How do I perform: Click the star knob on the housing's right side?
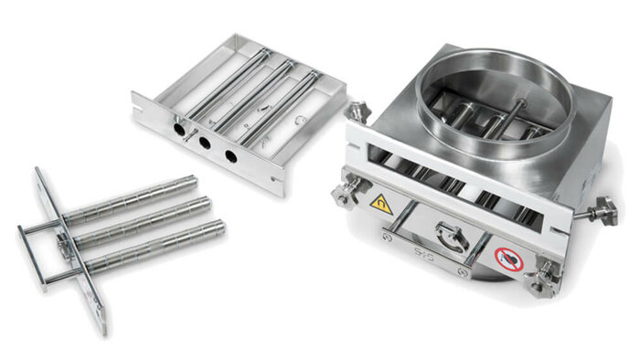(x=604, y=212)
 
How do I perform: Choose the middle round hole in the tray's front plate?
(x=202, y=144)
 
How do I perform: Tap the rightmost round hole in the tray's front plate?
(x=230, y=157)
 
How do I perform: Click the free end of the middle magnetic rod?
(x=206, y=203)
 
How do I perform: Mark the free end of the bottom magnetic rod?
(x=219, y=226)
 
